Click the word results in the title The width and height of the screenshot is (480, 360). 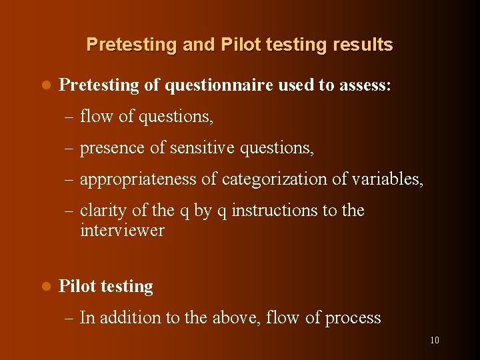click(x=360, y=45)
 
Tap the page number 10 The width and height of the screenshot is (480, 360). click(x=434, y=340)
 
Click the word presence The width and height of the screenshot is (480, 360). click(x=112, y=148)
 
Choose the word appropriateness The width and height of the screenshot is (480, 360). click(x=138, y=179)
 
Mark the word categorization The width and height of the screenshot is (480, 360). click(x=279, y=179)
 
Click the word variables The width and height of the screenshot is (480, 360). click(x=389, y=179)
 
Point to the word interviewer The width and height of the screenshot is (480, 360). click(x=122, y=231)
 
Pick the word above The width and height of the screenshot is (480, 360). click(x=236, y=318)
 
